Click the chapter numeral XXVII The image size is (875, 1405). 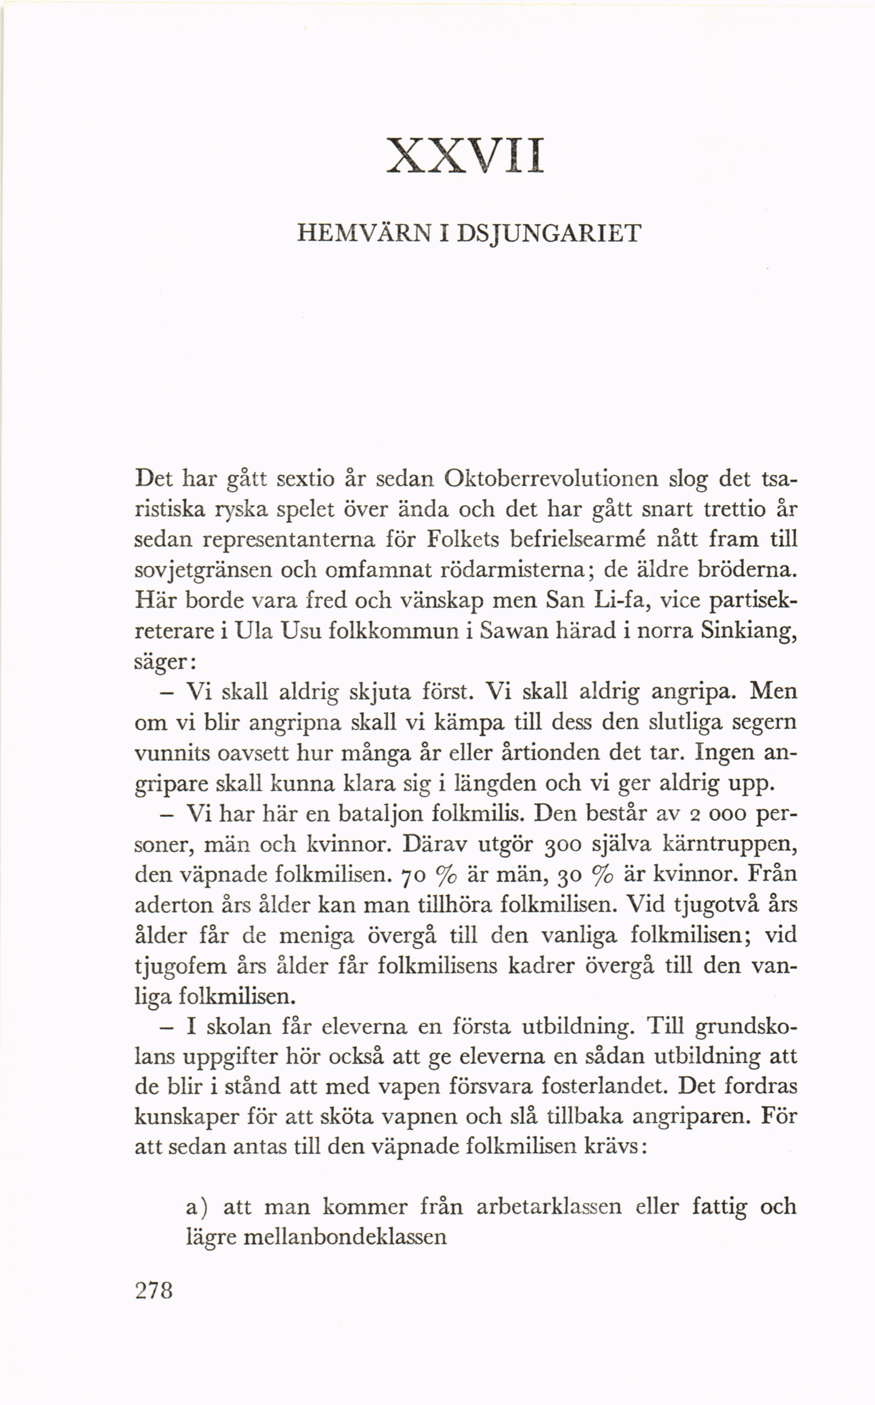tap(466, 155)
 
